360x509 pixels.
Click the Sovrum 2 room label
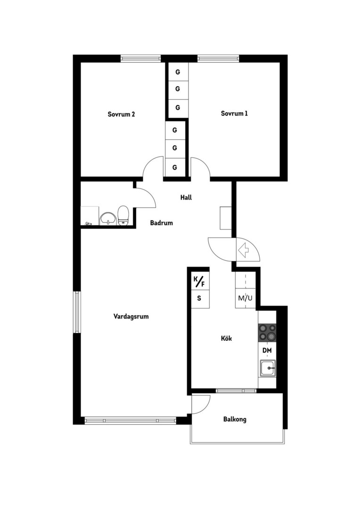[x=121, y=114]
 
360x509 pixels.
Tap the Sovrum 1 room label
[x=234, y=113]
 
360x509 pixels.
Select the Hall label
[x=186, y=197]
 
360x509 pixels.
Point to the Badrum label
[x=161, y=222]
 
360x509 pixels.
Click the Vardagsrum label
[x=131, y=316]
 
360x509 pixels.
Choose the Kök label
[x=226, y=338]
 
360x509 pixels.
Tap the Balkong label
[x=235, y=419]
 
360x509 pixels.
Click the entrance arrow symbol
[x=243, y=250]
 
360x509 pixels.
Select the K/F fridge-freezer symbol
[x=199, y=281]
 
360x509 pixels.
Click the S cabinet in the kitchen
[x=199, y=298]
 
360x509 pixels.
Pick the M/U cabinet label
[x=245, y=298]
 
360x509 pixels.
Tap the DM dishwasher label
[x=267, y=351]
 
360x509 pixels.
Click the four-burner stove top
[x=267, y=332]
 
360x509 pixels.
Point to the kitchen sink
[x=268, y=368]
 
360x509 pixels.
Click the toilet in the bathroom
[x=123, y=215]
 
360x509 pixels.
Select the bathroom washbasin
[x=108, y=218]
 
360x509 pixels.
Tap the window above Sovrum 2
[x=140, y=58]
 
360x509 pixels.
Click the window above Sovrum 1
[x=218, y=58]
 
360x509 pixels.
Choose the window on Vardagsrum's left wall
[x=77, y=312]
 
